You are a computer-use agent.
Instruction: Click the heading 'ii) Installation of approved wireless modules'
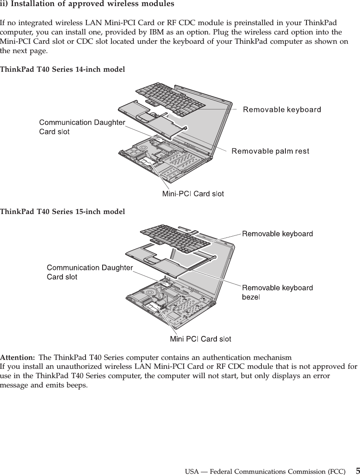click(87, 4)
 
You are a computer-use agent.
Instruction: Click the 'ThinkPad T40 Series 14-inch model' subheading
click(62, 70)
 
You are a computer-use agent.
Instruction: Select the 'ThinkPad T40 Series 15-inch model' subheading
click(62, 212)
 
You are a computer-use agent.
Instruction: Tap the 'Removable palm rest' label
click(270, 151)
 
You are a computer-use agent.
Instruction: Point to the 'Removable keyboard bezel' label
click(277, 292)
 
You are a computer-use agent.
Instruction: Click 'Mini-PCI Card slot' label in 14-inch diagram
click(193, 194)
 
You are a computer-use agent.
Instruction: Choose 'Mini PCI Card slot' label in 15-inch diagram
click(200, 338)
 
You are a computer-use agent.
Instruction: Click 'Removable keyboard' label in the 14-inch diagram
click(282, 109)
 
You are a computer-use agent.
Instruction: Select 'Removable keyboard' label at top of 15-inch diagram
click(277, 234)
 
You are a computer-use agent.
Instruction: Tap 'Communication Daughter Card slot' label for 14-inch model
click(81, 127)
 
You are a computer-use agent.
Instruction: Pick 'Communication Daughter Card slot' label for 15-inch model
click(90, 272)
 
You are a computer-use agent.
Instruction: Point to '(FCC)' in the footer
click(336, 472)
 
